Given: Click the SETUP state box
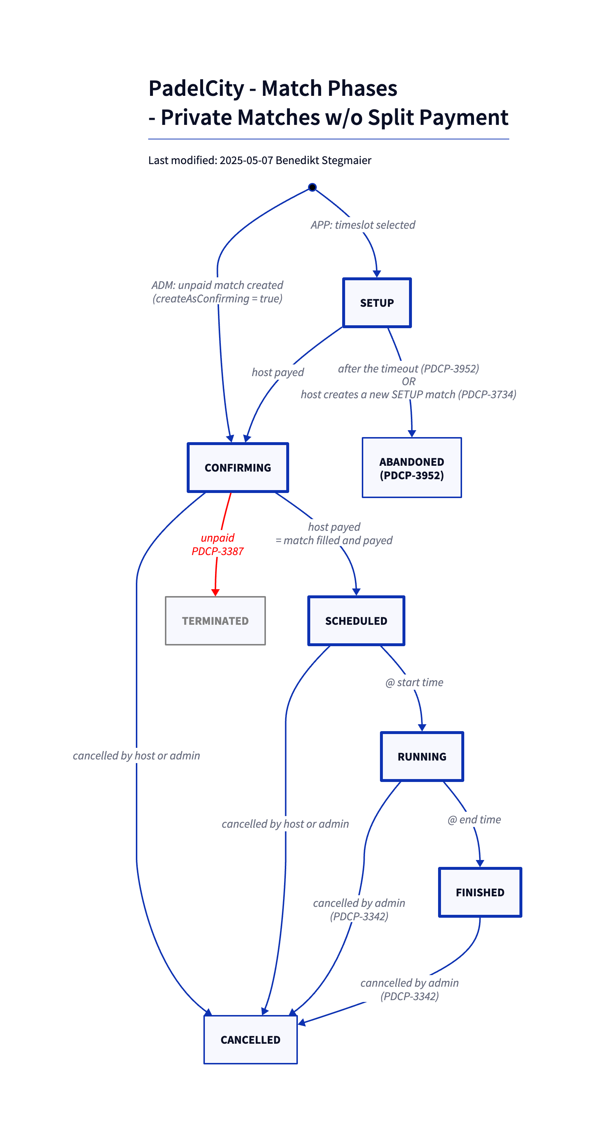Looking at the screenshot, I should (377, 303).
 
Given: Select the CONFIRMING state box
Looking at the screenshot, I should (238, 468).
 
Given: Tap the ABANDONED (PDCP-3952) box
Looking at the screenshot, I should (412, 468).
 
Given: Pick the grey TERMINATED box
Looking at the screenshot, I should (215, 620).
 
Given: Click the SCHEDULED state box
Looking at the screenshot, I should (356, 620).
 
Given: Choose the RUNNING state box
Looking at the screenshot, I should (422, 757).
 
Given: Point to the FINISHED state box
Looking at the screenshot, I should (480, 892).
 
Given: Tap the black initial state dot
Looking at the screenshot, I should (312, 187).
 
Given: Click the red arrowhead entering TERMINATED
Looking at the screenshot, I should (215, 592).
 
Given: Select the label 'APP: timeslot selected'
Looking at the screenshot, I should (363, 225).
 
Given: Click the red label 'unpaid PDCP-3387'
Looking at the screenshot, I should (217, 544).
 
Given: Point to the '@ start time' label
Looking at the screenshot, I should (414, 682).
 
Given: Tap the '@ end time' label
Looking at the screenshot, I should (474, 820).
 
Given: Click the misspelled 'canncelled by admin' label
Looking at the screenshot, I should (409, 983).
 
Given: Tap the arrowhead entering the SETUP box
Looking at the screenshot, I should (377, 274).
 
